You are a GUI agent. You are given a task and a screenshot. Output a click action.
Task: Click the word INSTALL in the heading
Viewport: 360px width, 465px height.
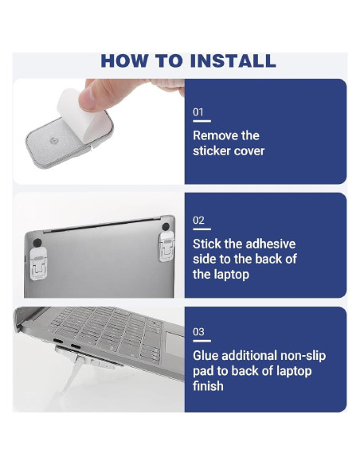pos(233,61)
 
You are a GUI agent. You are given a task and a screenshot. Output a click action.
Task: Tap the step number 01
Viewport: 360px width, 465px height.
pos(198,112)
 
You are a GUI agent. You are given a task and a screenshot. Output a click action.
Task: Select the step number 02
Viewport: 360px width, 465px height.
pos(198,221)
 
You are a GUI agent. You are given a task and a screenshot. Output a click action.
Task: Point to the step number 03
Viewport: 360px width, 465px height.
pos(198,331)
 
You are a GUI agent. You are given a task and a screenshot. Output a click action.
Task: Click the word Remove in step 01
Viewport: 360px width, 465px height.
pos(215,135)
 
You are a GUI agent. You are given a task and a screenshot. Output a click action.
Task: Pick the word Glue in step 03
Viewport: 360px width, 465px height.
pos(205,356)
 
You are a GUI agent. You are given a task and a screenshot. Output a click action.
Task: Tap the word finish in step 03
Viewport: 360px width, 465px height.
pos(208,386)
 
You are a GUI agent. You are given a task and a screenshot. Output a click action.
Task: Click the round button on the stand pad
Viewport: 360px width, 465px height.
pos(53,141)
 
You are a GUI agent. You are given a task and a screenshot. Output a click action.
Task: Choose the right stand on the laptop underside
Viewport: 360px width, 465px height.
pos(166,247)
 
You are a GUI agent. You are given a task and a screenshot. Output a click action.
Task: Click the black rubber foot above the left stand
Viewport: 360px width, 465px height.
pos(37,243)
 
